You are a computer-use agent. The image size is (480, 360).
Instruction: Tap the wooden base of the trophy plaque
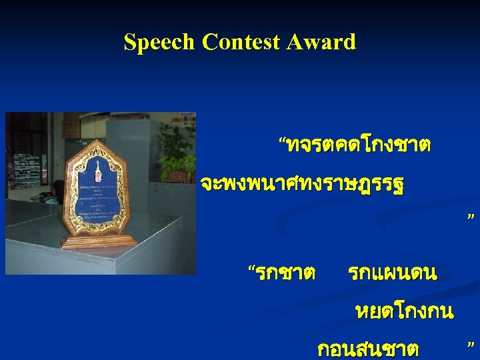[98, 241]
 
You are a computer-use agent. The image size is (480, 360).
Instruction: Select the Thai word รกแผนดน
[392, 273]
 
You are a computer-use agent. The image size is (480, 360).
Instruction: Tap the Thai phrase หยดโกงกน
[405, 311]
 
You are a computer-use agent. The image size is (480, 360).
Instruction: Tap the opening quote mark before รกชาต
[251, 269]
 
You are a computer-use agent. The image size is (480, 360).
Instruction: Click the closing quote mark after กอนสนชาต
[471, 345]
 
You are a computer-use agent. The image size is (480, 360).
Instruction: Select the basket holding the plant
[176, 176]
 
